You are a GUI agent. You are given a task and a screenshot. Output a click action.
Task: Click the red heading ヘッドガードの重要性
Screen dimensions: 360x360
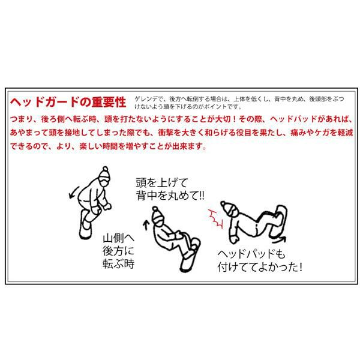pyautogui.click(x=68, y=102)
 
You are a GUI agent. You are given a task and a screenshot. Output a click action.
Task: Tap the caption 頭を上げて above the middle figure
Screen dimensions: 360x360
pyautogui.click(x=162, y=183)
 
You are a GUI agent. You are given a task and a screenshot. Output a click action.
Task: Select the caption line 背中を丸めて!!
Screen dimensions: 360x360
pyautogui.click(x=170, y=196)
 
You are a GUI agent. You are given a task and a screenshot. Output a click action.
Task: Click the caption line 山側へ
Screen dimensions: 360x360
pyautogui.click(x=118, y=238)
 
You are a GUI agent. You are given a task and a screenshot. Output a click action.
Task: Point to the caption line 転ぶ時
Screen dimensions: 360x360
pyautogui.click(x=118, y=264)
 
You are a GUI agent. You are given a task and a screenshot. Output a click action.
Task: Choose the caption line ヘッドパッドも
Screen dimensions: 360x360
pyautogui.click(x=251, y=254)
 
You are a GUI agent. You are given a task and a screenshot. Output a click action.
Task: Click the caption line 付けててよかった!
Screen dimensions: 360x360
pyautogui.click(x=260, y=267)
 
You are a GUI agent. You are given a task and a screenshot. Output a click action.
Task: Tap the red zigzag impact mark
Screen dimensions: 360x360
pyautogui.click(x=216, y=218)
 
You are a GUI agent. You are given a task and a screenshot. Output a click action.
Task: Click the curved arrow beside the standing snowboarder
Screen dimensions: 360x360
pyautogui.click(x=74, y=193)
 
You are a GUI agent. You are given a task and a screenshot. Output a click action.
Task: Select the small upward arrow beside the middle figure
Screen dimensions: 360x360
pyautogui.click(x=146, y=225)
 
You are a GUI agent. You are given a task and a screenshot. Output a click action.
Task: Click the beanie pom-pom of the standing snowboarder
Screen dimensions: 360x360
pyautogui.click(x=105, y=169)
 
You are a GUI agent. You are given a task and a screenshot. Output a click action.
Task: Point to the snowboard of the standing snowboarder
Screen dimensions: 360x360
pyautogui.click(x=85, y=224)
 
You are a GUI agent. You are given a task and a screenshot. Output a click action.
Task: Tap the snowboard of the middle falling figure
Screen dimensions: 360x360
pyautogui.click(x=190, y=256)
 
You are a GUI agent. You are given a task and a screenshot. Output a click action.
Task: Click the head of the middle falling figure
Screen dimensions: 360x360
pyautogui.click(x=157, y=216)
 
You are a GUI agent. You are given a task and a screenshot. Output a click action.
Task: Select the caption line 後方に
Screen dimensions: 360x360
pyautogui.click(x=118, y=251)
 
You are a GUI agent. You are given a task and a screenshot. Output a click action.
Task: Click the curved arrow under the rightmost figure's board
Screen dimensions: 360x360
pyautogui.click(x=279, y=240)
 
